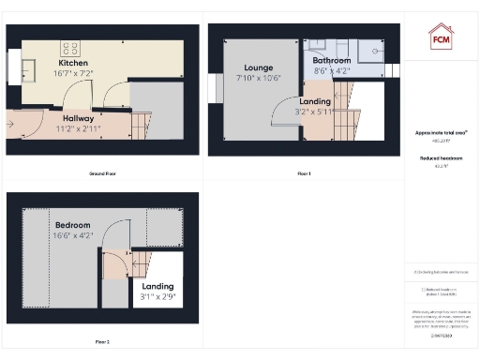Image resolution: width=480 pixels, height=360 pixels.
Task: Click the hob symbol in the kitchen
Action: pyautogui.click(x=71, y=46)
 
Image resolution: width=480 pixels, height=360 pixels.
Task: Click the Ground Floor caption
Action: pyautogui.click(x=102, y=173)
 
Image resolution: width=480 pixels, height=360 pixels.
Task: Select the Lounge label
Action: pyautogui.click(x=258, y=68)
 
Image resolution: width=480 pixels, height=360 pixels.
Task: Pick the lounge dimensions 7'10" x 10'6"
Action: pyautogui.click(x=258, y=79)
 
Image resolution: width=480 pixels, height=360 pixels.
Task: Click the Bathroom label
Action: pyautogui.click(x=332, y=58)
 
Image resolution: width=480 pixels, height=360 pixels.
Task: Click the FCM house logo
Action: pyautogui.click(x=441, y=38)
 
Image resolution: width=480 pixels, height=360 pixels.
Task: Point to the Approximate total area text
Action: pyautogui.click(x=442, y=133)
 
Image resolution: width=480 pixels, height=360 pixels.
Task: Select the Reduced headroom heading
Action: pyautogui.click(x=441, y=158)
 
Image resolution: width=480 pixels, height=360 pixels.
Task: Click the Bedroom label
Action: pyautogui.click(x=72, y=226)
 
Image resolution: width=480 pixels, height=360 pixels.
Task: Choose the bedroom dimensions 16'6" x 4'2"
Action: pyautogui.click(x=72, y=236)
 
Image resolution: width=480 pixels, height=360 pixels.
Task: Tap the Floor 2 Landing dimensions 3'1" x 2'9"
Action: pyautogui.click(x=157, y=297)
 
